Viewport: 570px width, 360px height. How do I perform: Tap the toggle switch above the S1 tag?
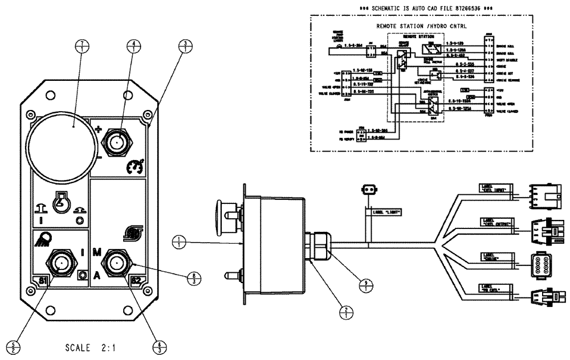60,264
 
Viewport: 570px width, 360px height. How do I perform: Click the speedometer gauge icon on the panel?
135,166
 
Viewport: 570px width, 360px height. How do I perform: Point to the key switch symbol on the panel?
59,202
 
